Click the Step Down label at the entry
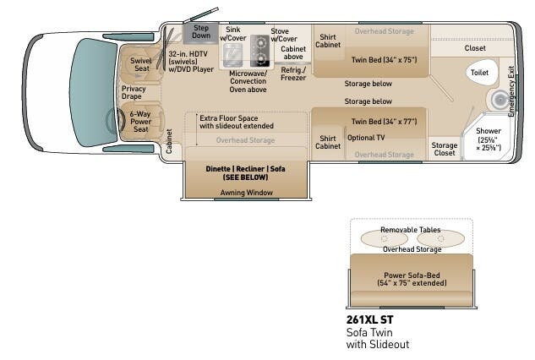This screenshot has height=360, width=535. coord(200,31)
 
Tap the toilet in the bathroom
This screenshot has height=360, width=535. coord(479,73)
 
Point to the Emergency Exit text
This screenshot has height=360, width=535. coord(511,85)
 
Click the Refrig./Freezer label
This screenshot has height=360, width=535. coord(293,74)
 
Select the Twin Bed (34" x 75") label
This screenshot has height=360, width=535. coord(383,59)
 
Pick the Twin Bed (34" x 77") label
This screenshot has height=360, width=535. coord(383,122)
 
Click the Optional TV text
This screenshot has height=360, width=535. coord(366,137)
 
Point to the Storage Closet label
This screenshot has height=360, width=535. coord(445,149)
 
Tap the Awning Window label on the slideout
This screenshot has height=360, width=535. coord(246,193)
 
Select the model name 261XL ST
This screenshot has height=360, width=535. coord(369,319)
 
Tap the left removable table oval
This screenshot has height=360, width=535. coord(385,238)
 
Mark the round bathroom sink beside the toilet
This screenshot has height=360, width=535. coord(491,100)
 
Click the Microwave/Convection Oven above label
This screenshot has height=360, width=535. coord(248,80)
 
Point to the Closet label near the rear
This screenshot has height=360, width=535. coord(475,48)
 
